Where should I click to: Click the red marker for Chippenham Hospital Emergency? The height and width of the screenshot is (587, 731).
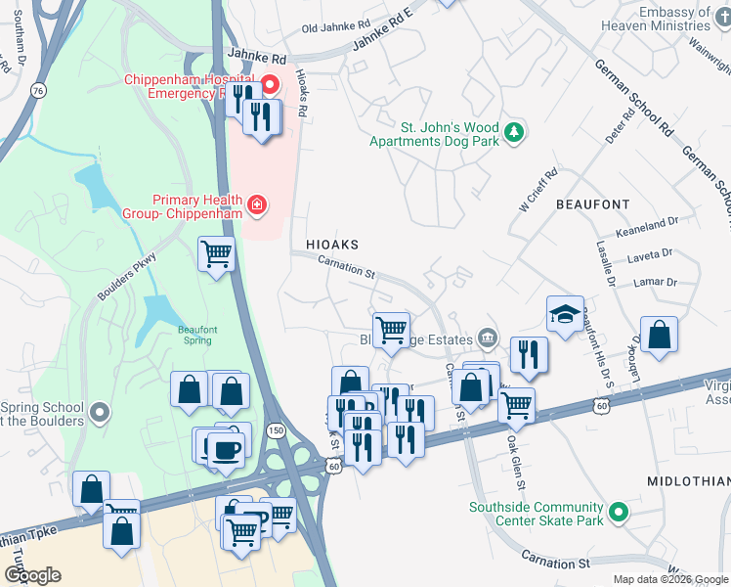click(268, 85)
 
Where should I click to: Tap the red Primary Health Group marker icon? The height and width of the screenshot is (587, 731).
click(256, 204)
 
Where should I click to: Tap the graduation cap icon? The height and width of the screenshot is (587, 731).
click(565, 314)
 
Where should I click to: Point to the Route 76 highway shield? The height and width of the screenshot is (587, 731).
click(38, 90)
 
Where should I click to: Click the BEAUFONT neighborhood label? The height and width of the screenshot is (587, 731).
click(592, 204)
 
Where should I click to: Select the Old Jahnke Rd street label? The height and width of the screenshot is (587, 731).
click(336, 27)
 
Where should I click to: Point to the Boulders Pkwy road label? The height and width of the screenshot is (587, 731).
click(127, 278)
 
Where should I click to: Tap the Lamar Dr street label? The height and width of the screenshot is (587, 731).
click(655, 282)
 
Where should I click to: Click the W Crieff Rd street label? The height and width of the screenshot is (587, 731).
click(537, 190)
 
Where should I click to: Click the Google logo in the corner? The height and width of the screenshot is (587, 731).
click(32, 575)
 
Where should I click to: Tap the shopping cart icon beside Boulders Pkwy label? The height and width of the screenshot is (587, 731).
click(216, 255)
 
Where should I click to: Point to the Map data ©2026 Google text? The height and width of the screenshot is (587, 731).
click(669, 579)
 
